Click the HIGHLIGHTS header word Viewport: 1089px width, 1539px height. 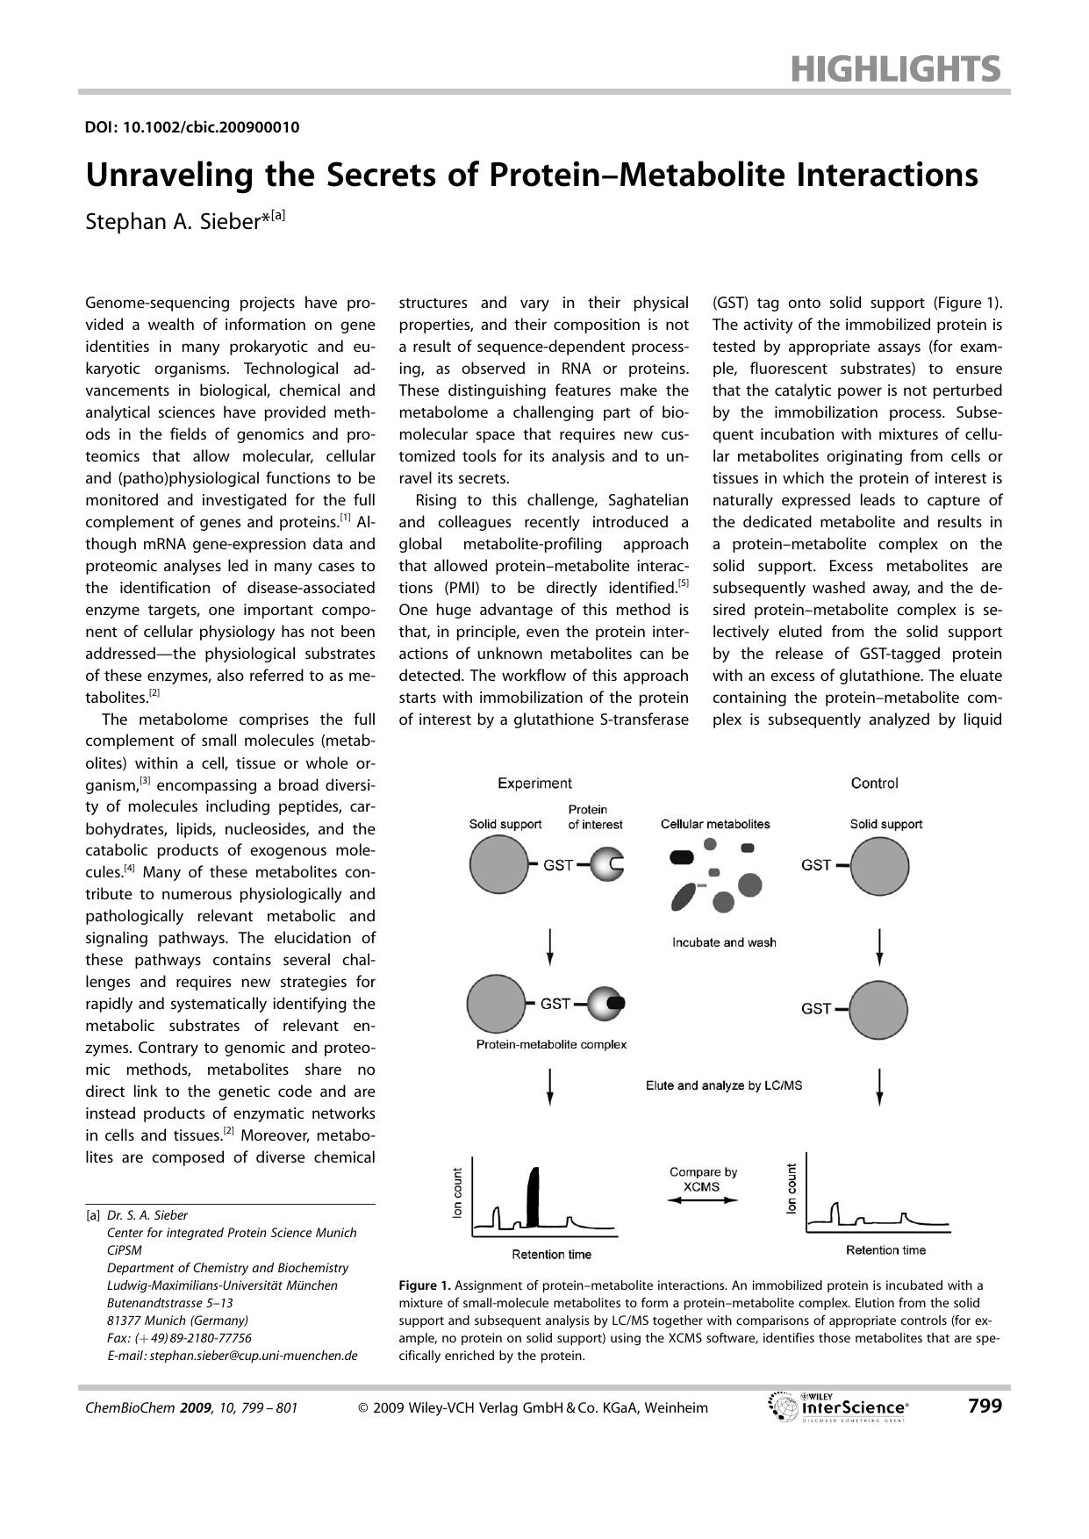[x=895, y=68]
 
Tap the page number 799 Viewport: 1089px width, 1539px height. [x=985, y=1407]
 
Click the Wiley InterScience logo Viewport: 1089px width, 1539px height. [x=839, y=1407]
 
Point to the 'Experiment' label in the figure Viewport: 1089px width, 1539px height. [x=534, y=783]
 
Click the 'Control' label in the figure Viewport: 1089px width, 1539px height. [x=874, y=783]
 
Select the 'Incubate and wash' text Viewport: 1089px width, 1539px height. [x=724, y=942]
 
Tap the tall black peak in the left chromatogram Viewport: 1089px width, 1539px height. [x=532, y=1199]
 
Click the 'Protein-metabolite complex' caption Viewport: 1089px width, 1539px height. [x=551, y=1044]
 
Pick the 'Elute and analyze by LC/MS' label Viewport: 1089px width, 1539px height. [x=724, y=1085]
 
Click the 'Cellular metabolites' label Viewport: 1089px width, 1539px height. [x=715, y=824]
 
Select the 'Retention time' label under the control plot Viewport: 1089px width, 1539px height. [x=885, y=1249]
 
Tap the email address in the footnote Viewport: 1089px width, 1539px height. [x=232, y=1355]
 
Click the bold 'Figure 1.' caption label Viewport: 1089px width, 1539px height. [x=425, y=1285]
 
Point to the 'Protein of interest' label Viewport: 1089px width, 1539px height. [x=595, y=817]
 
